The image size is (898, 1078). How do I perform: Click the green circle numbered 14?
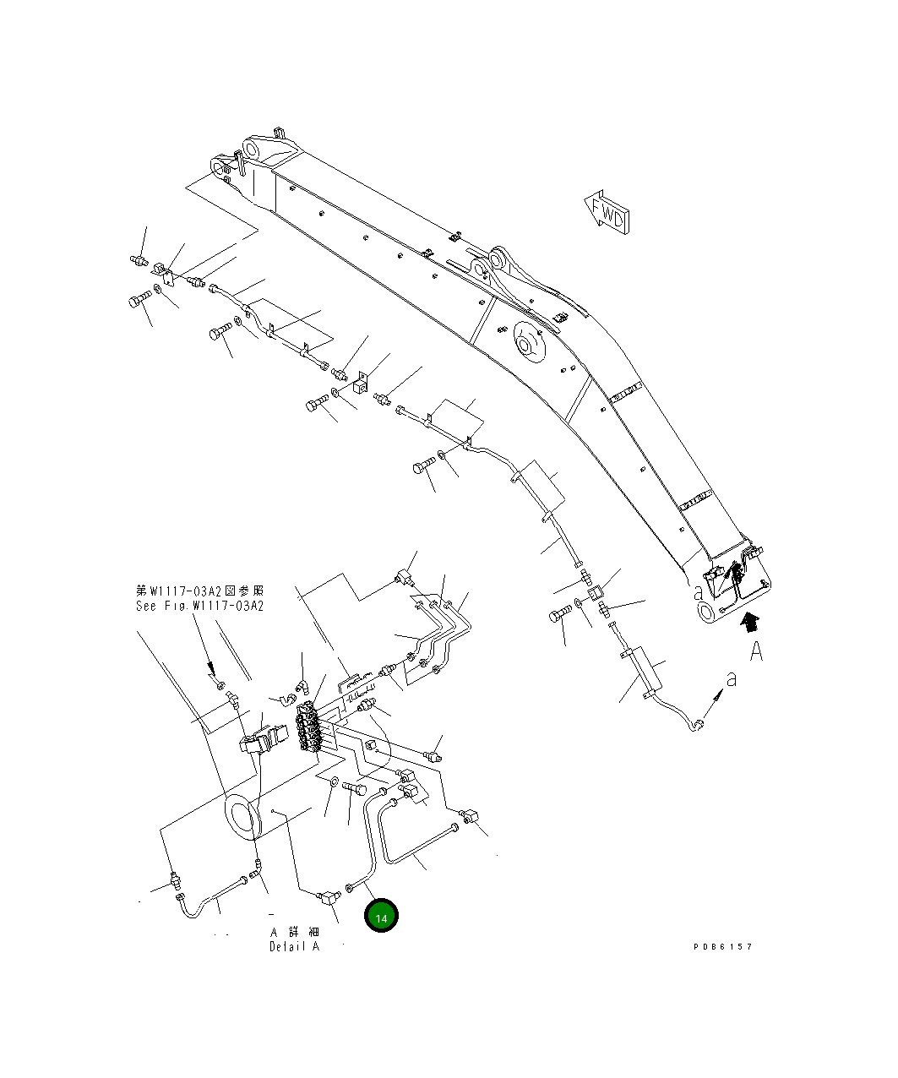[x=381, y=917]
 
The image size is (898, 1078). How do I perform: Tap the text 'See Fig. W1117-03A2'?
[x=200, y=606]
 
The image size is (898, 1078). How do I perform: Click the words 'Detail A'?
[x=294, y=946]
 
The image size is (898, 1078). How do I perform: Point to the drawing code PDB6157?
[x=722, y=946]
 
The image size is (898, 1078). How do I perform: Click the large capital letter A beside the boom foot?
[x=756, y=651]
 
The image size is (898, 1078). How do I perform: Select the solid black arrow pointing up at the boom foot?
[x=748, y=625]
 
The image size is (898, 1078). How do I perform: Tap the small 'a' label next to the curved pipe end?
[x=732, y=678]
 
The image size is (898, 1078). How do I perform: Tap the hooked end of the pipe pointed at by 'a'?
[x=697, y=723]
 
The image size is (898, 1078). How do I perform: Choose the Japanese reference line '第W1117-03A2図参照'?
[x=200, y=591]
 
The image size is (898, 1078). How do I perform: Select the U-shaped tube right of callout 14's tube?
[x=418, y=836]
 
